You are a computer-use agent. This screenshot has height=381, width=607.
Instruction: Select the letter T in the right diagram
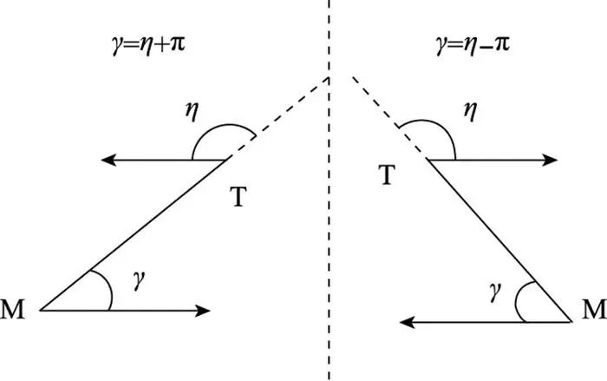pyautogui.click(x=390, y=175)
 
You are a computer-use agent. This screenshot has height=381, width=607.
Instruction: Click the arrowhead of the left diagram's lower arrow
pyautogui.click(x=205, y=310)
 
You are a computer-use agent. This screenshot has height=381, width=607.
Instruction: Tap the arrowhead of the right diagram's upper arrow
pyautogui.click(x=552, y=160)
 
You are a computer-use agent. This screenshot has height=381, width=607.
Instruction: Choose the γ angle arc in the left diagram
pyautogui.click(x=109, y=289)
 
